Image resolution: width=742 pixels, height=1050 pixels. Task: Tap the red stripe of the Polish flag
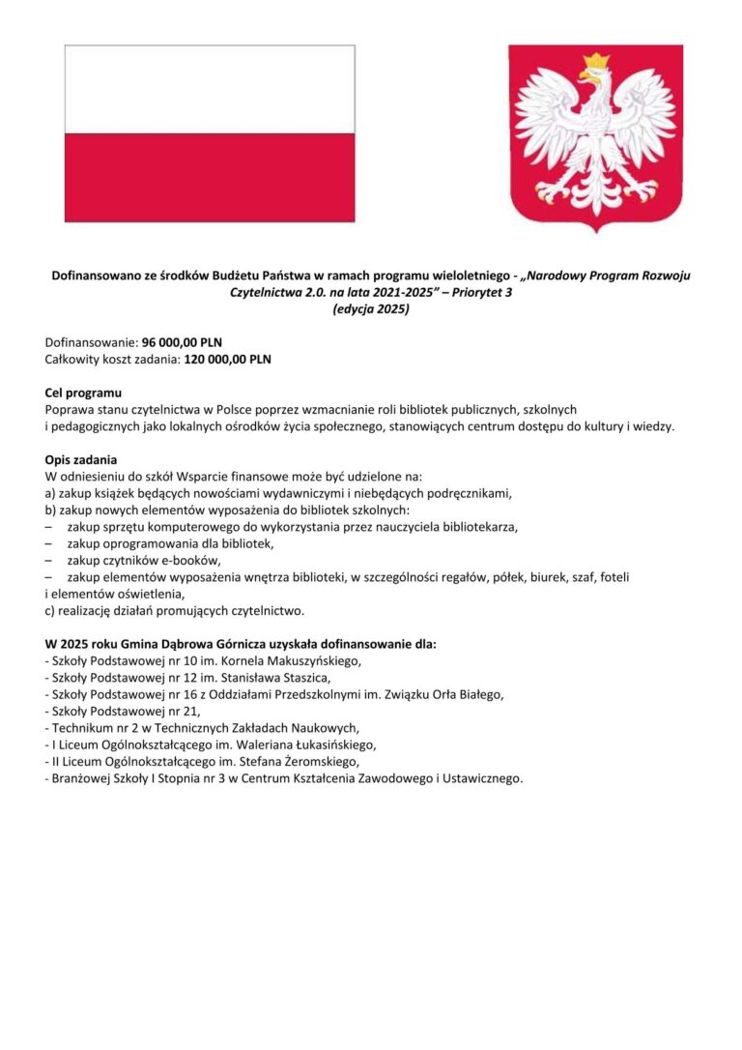coord(210,178)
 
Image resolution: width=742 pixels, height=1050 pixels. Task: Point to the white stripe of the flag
coord(210,89)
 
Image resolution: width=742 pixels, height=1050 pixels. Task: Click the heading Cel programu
coord(84,393)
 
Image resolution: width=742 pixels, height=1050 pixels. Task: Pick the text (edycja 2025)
coord(371,309)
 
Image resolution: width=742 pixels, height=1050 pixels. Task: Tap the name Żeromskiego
coord(309,761)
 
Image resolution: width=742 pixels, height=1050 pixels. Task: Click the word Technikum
coord(81,727)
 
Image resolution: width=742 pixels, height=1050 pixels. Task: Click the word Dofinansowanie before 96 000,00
coord(91,343)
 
